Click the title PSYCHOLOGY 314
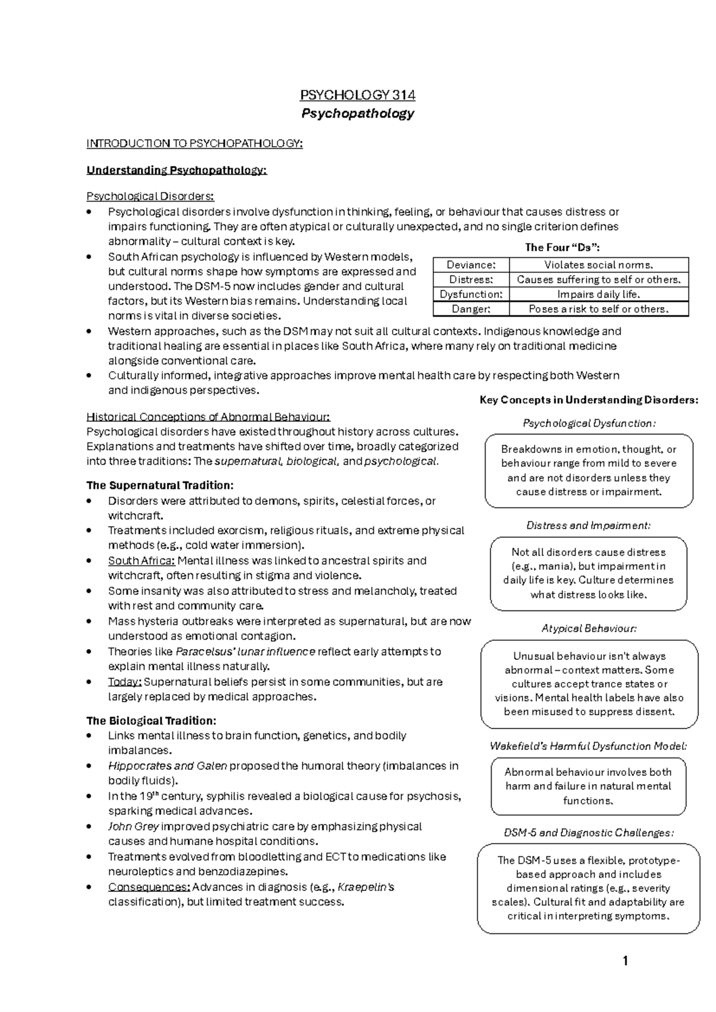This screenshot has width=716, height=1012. coord(357,95)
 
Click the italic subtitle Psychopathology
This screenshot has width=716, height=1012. coord(357,113)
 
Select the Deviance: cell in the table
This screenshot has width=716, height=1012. coord(471,265)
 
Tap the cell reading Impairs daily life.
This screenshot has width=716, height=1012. coord(598,294)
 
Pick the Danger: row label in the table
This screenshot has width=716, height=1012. coord(471,309)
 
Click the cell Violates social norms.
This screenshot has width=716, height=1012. coord(598,265)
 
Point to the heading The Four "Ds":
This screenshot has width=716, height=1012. coord(562,248)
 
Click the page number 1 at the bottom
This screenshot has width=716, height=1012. coord(625,961)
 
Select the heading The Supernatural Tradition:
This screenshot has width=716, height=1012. coord(160,485)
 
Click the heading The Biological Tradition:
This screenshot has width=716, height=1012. coord(151,721)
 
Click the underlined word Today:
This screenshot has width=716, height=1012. coord(125,682)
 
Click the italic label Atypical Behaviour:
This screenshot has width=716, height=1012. coord(589,628)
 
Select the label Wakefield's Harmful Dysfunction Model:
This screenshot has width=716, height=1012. coord(588,746)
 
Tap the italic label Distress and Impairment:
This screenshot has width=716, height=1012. coord(588,526)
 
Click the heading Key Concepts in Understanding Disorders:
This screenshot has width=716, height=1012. coord(589,400)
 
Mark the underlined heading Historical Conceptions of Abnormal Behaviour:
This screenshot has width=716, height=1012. coord(208,417)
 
